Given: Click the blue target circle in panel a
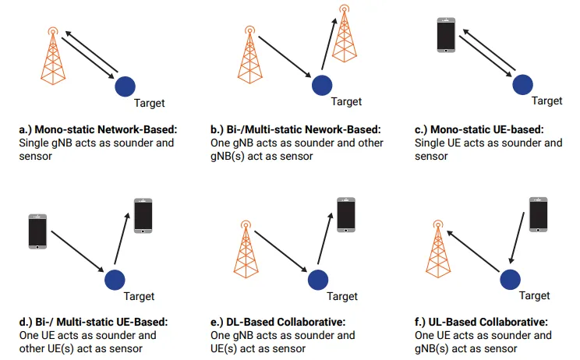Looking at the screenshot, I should pos(125,86).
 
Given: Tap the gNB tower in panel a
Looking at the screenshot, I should pos(51,55).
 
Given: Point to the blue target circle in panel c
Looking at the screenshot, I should pos(522,83).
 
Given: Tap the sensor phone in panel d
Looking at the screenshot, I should pos(143,215).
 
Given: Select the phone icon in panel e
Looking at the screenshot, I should pos(346,214).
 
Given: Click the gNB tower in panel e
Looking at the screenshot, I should pos(246,249).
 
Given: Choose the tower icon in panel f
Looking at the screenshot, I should pos(438,249).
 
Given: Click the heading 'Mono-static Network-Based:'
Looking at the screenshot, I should pos(97,130).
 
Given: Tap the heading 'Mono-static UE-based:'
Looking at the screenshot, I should pos(483,130).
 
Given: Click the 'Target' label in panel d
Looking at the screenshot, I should pos(139,296).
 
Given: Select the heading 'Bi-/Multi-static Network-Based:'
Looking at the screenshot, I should pos(297,130).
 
